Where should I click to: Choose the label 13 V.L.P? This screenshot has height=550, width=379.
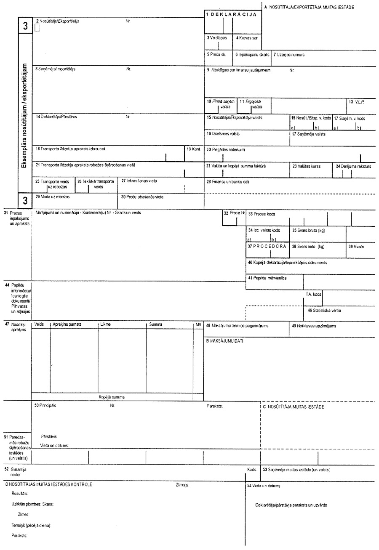click(359, 102)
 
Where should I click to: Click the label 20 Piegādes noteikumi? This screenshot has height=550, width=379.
click(225, 149)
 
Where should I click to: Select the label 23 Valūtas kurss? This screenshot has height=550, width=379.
click(306, 166)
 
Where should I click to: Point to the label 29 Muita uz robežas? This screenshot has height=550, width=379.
click(52, 197)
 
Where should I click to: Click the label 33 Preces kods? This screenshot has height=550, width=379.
click(262, 214)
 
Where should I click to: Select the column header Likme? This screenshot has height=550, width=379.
click(105, 325)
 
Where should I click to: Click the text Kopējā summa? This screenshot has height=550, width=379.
click(112, 397)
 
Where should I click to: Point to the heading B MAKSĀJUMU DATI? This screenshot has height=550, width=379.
click(225, 341)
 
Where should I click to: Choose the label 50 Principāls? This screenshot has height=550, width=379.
click(45, 406)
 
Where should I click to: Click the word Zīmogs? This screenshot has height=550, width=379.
click(183, 485)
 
